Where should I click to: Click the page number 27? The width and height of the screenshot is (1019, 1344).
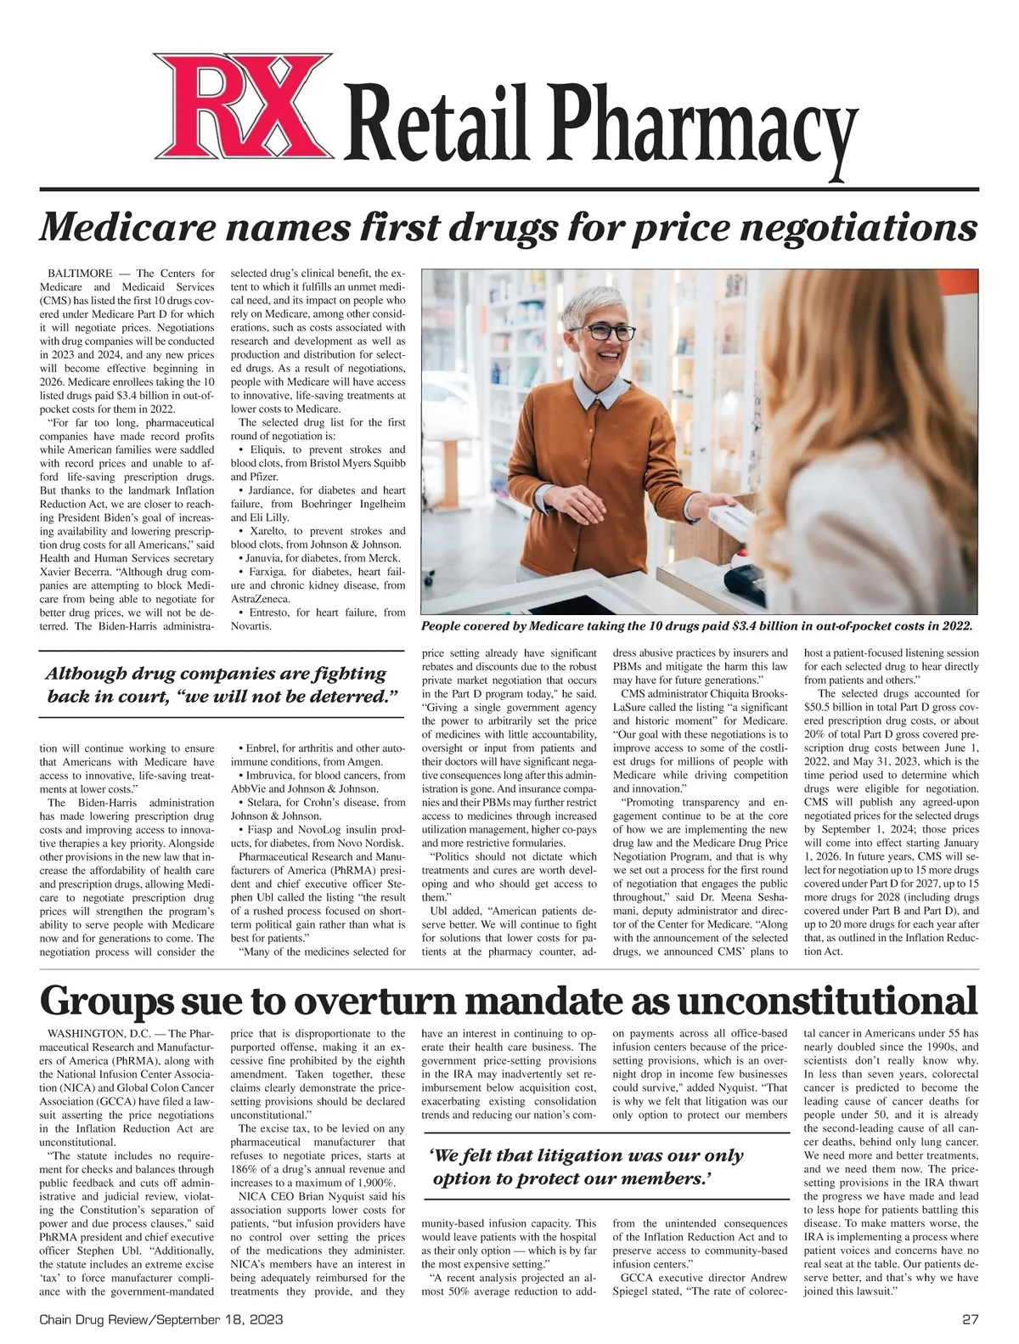coord(971,1321)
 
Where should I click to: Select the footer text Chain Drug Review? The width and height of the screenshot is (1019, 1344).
coord(93,1321)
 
